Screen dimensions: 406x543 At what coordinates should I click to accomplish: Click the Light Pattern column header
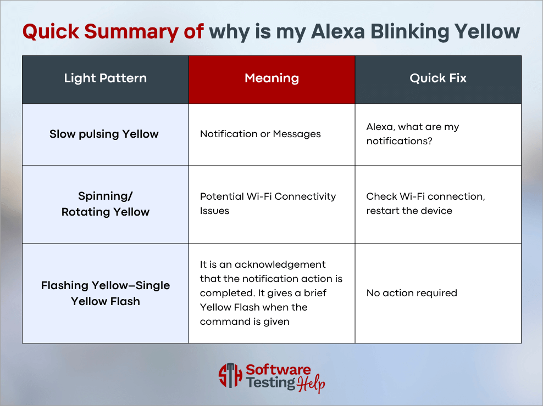(105, 78)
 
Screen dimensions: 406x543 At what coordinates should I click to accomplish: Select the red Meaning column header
(271, 78)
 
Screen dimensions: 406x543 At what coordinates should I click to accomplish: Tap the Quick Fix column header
(438, 78)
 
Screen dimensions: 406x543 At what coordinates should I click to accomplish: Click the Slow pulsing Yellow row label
(104, 134)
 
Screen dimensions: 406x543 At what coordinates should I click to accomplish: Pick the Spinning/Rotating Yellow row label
(106, 204)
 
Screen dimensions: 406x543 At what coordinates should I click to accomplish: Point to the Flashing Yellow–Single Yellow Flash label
(106, 293)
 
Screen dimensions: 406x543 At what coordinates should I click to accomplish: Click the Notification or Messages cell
(261, 134)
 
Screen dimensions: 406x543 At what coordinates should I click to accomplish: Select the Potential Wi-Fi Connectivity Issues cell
(268, 204)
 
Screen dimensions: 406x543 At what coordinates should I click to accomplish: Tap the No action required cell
(412, 293)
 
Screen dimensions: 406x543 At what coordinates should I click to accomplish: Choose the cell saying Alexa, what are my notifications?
(413, 134)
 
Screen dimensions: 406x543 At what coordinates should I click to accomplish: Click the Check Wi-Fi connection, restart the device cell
(425, 204)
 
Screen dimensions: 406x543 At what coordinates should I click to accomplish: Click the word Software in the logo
(278, 370)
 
